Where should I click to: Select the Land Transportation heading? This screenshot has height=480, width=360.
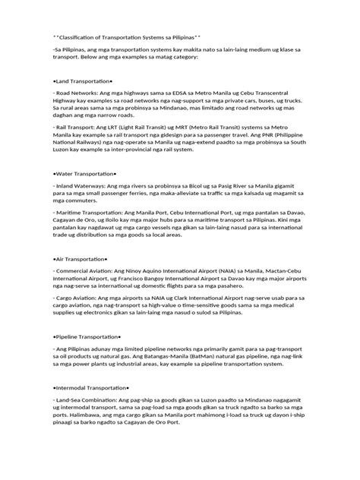83,80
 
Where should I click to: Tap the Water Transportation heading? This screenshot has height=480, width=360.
85,175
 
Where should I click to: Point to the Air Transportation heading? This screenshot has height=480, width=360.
80,248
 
